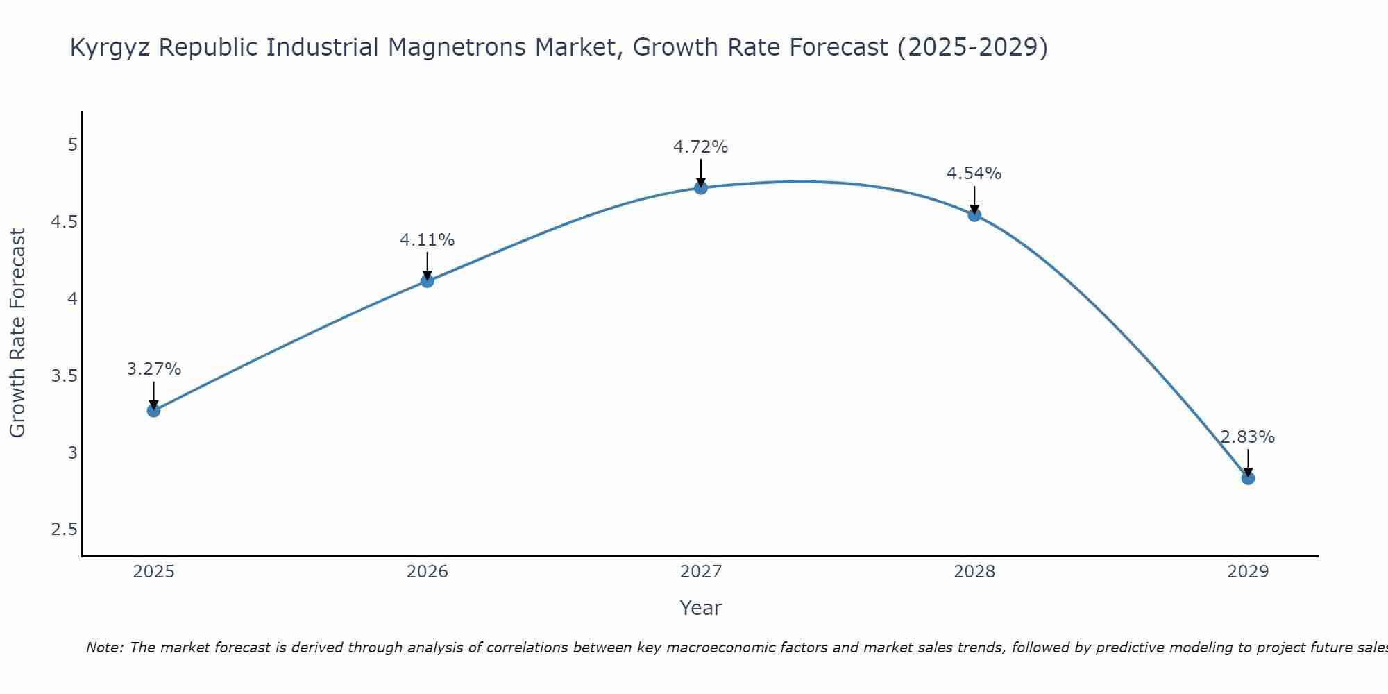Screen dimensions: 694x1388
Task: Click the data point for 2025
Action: pos(153,410)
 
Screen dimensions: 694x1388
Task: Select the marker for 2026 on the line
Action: pos(427,280)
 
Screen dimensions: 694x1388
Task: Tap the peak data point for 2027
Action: pos(700,187)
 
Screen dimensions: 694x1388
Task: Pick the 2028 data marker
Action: pos(974,214)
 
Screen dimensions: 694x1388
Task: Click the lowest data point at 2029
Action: pos(1247,477)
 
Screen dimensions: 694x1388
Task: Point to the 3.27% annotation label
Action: pos(153,369)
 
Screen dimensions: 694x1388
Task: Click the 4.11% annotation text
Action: pos(427,240)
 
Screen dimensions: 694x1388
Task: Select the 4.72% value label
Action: pos(700,147)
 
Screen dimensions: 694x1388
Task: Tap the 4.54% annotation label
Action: pos(974,173)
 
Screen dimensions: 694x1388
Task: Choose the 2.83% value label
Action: pos(1247,437)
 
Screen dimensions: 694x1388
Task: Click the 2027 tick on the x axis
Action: pos(700,572)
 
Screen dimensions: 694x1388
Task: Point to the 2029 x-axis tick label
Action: pos(1247,572)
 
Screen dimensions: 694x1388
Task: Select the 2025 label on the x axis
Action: pos(153,572)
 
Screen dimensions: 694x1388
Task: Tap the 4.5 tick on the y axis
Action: pos(63,222)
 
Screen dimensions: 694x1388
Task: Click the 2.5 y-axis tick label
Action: pos(63,530)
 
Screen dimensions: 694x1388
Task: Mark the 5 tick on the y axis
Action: pos(72,145)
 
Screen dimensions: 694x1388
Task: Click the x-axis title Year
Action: pos(700,608)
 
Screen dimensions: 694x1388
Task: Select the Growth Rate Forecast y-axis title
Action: pos(18,333)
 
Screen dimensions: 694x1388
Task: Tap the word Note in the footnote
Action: pos(104,648)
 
